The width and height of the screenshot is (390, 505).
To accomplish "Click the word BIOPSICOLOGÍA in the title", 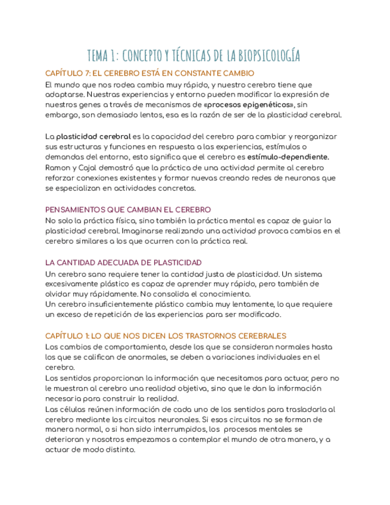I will [x=269, y=57].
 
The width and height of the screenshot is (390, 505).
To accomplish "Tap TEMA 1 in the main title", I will [x=103, y=57].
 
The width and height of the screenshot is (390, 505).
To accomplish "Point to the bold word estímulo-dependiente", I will [x=288, y=157].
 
